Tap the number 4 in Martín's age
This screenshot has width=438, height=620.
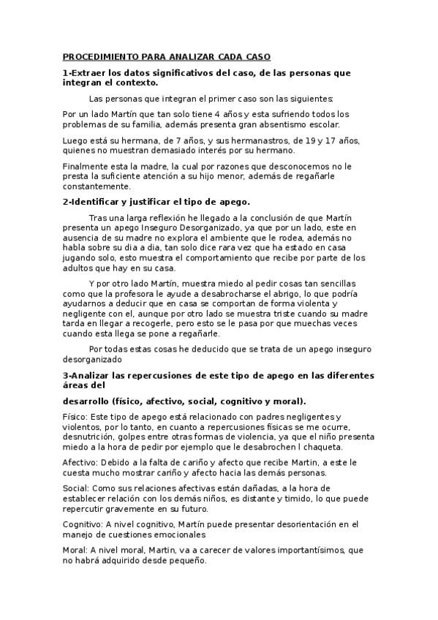pos(186,114)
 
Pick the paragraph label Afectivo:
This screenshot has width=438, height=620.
pos(79,463)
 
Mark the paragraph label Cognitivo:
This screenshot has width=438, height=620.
pos(82,523)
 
